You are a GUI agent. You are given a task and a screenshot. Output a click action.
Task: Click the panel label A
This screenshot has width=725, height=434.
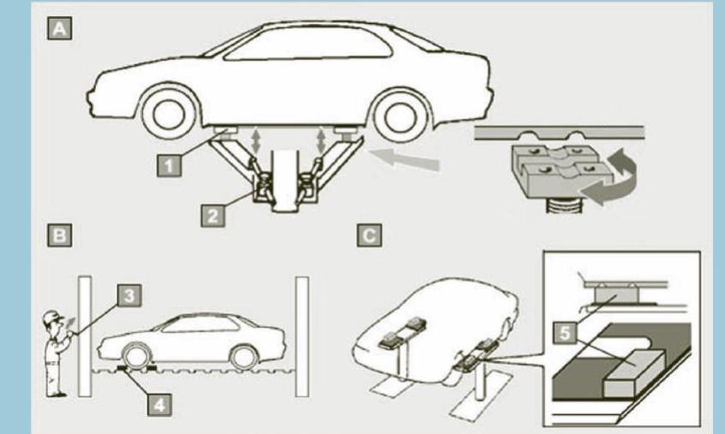pyautogui.click(x=59, y=28)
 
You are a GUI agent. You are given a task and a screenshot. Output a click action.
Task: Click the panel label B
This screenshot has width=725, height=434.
pyautogui.click(x=59, y=235)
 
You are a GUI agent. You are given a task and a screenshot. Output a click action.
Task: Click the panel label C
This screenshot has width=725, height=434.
pyautogui.click(x=369, y=235)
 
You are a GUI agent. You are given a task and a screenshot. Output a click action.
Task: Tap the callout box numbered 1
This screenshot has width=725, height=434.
pyautogui.click(x=169, y=165)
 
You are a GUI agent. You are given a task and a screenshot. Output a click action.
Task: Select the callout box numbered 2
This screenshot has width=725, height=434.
pyautogui.click(x=212, y=216)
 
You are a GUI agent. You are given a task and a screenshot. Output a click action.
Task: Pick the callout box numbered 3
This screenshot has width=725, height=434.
pyautogui.click(x=129, y=294)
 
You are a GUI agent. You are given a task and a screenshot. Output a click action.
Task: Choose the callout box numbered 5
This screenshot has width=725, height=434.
pyautogui.click(x=565, y=332)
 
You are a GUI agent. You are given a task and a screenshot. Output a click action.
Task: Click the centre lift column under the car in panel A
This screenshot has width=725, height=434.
pyautogui.click(x=284, y=181)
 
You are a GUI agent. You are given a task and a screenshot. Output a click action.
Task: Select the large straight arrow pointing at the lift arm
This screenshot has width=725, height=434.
pyautogui.click(x=404, y=159)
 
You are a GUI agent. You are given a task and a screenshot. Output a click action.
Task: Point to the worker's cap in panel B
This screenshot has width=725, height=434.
pyautogui.click(x=53, y=317)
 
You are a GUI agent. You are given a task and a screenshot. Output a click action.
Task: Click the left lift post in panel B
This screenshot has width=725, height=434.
pyautogui.click(x=85, y=336)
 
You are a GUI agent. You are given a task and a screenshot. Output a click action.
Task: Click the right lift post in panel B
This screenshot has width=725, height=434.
pyautogui.click(x=302, y=336)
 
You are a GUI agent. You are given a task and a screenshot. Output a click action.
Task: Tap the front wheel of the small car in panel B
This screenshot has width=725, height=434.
pyautogui.click(x=137, y=356)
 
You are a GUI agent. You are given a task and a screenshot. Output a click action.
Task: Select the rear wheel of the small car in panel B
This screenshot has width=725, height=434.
pyautogui.click(x=244, y=357)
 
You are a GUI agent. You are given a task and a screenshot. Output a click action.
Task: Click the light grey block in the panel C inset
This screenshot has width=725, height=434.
pyautogui.click(x=634, y=372)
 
